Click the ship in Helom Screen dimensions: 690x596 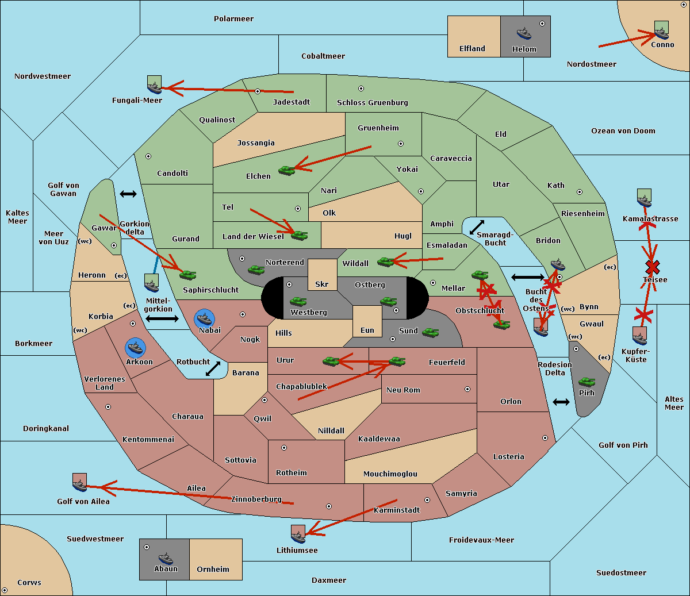[524, 33]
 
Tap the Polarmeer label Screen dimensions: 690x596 [233, 19]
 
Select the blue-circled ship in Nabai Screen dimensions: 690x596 [204, 319]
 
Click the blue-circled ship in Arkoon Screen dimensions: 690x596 [135, 348]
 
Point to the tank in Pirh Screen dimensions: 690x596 [586, 382]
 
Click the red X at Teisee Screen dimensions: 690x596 [653, 267]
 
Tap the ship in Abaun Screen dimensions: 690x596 [166, 558]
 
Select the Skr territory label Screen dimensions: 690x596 [322, 284]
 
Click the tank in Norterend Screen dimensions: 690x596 [256, 270]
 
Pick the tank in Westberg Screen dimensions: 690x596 [298, 301]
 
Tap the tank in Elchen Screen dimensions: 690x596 [286, 171]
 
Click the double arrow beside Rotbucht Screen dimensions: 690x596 [213, 368]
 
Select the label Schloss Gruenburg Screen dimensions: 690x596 [373, 102]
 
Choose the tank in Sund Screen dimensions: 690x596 [430, 332]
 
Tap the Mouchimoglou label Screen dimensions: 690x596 [390, 474]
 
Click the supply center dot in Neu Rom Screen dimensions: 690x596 [467, 389]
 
